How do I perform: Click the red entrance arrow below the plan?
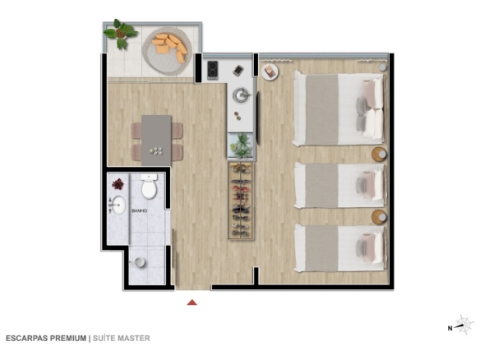[192, 302]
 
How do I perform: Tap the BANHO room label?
[139, 211]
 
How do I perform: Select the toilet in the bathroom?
[149, 186]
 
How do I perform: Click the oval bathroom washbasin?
[118, 205]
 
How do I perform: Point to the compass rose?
[464, 325]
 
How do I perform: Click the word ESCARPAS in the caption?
[27, 339]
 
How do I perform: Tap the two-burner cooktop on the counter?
[213, 70]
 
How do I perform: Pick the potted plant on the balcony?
[120, 34]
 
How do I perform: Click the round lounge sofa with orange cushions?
[168, 50]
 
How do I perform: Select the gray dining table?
[156, 141]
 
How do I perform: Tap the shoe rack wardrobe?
[241, 201]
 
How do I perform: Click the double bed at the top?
[339, 108]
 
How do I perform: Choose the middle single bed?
[339, 186]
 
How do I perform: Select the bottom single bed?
[339, 248]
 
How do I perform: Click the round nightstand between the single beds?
[380, 217]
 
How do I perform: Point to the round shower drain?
[140, 262]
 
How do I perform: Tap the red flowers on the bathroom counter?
[118, 184]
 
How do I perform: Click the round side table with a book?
[270, 72]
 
